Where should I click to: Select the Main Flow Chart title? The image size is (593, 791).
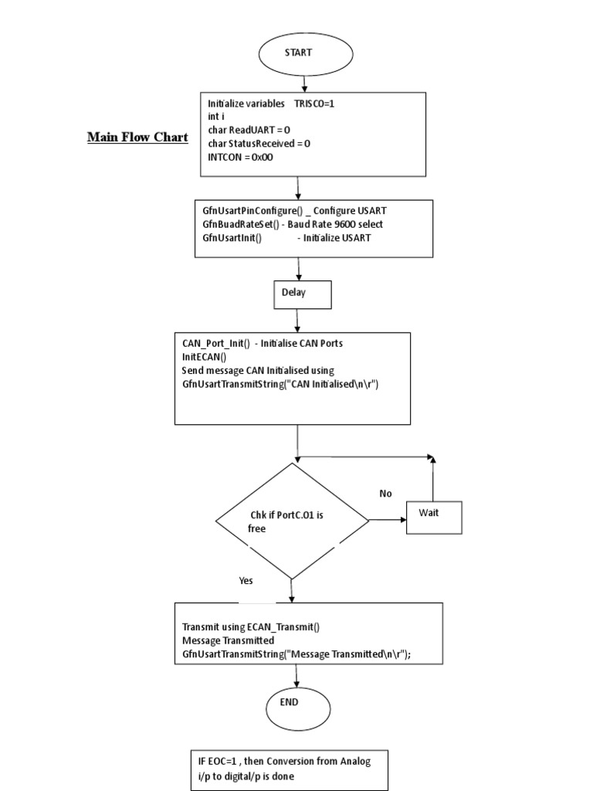137,137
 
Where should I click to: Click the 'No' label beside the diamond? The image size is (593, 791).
386,493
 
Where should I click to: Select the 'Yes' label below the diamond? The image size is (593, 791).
246,580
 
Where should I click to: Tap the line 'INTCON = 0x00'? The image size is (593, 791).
240,157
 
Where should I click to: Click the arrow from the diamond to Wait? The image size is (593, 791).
388,520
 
